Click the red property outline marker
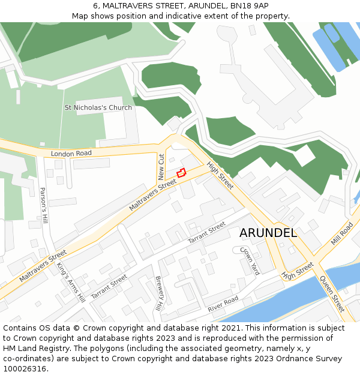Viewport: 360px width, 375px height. [x=181, y=173]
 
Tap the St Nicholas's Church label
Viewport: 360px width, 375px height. [x=98, y=108]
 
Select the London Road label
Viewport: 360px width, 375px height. [x=71, y=154]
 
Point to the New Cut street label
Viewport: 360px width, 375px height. [x=161, y=167]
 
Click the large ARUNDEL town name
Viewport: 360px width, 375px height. [x=268, y=233]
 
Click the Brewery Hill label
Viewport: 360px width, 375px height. [x=159, y=293]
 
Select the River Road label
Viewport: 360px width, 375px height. [x=223, y=304]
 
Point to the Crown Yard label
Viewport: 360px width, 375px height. [x=250, y=260]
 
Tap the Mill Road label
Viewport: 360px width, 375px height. [x=342, y=233]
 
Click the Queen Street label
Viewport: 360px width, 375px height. [x=332, y=294]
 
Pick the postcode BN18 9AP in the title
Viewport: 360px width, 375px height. [x=247, y=5]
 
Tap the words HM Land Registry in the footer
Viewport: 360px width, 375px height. [x=37, y=348]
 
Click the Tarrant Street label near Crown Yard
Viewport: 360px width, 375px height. [x=206, y=232]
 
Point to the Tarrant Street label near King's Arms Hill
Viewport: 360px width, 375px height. [x=109, y=287]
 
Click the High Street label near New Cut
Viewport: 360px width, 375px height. [x=220, y=176]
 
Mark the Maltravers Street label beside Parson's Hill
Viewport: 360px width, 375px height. [x=43, y=266]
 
